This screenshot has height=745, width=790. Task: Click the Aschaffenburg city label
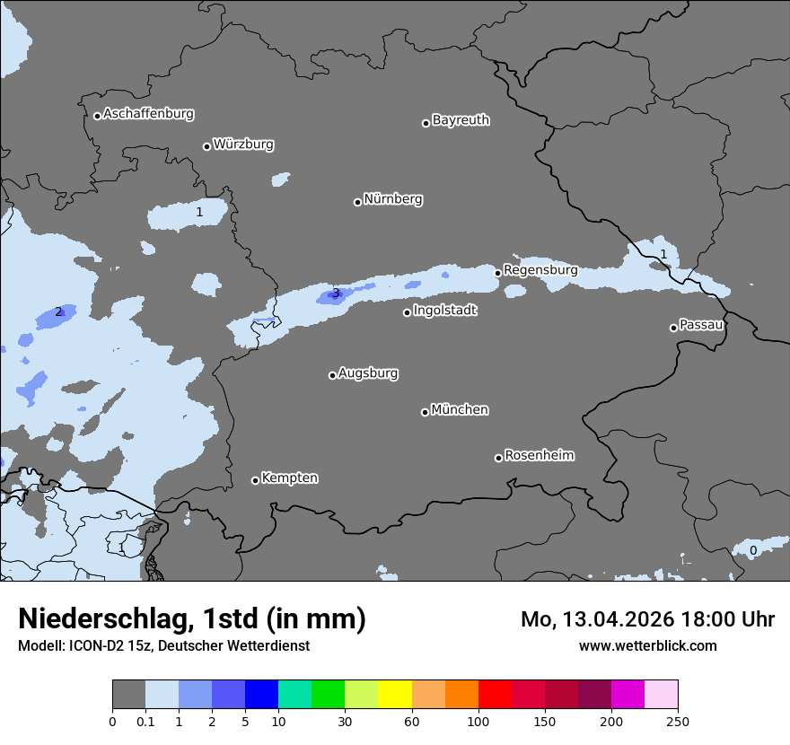(148, 114)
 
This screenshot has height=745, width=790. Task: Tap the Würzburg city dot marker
(206, 146)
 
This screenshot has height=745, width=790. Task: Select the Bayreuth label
(461, 119)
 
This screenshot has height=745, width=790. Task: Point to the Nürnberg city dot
(357, 202)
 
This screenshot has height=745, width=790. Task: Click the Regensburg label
(540, 269)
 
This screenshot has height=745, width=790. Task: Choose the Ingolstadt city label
(444, 311)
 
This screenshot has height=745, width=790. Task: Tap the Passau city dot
(673, 328)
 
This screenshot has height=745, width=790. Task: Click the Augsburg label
(368, 372)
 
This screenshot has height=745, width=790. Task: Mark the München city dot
(426, 412)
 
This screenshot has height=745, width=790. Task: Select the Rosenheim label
(539, 455)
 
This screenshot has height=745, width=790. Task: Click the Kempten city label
(289, 478)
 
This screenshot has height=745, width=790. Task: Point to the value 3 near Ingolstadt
(336, 293)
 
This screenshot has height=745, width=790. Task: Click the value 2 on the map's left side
(58, 311)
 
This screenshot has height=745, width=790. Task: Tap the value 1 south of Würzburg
(199, 212)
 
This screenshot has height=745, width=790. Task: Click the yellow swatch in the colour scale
(395, 695)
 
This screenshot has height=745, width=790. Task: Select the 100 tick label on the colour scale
(478, 721)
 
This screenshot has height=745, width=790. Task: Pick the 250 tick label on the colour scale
(678, 721)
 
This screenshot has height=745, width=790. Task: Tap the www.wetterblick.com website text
(647, 645)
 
